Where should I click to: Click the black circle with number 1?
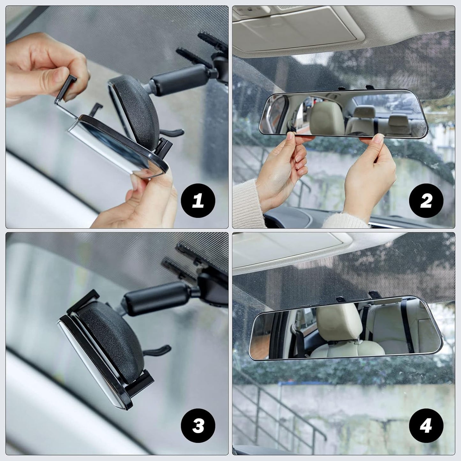coord(198,201)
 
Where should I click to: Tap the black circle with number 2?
coord(426,201)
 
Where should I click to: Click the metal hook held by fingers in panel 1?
coord(65,96)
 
